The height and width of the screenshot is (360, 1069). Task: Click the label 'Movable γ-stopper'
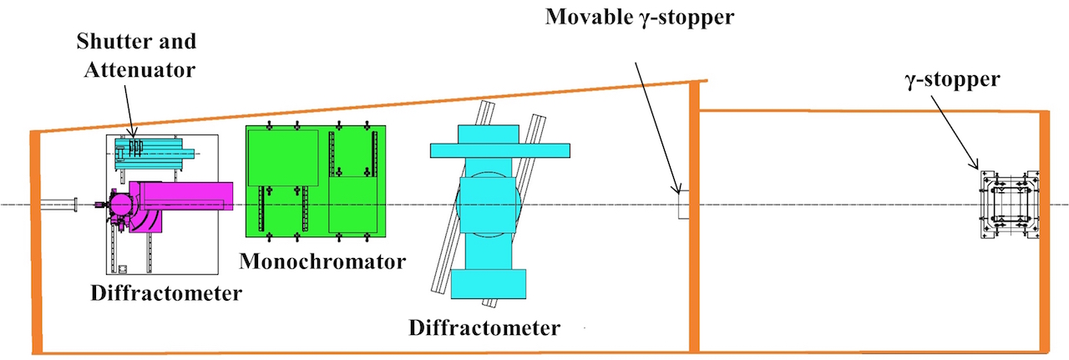640,18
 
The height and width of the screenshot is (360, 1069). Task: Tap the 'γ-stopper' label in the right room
954,80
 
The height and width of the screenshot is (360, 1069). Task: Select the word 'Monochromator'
322,261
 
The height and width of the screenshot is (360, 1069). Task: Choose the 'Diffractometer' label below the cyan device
484,327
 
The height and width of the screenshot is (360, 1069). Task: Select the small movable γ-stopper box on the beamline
681,205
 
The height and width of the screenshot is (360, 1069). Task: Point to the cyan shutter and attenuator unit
155,150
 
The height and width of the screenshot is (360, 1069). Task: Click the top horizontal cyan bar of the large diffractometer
499,150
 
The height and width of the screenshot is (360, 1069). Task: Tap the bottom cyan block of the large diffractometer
489,284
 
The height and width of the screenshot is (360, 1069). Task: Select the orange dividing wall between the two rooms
693,217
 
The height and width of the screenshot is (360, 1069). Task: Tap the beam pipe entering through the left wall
58,205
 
